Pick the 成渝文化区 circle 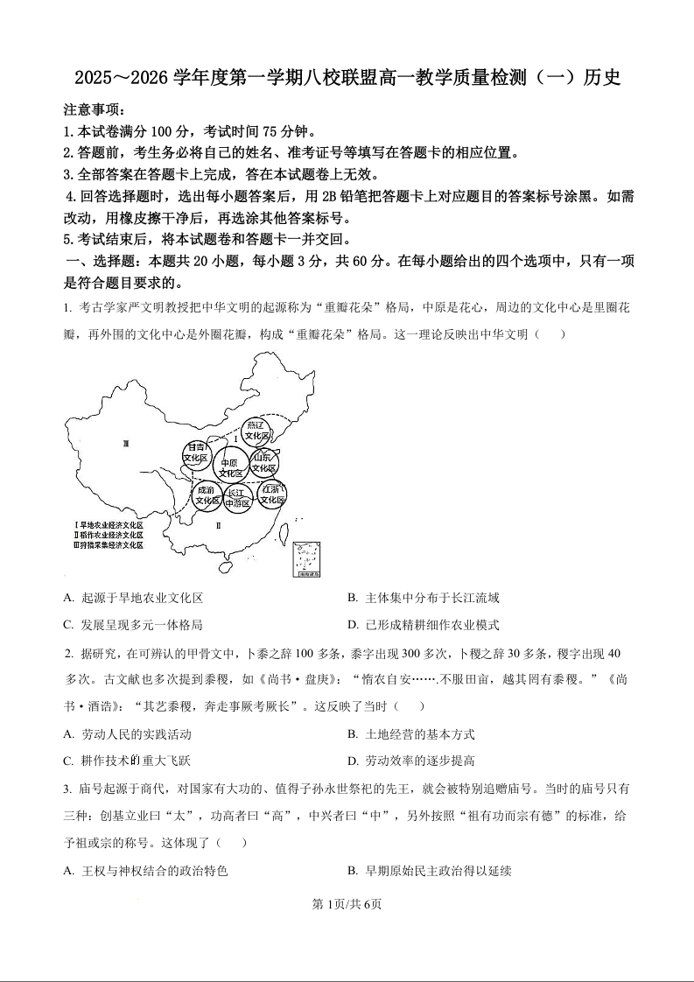click(x=207, y=495)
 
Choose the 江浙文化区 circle click(x=272, y=495)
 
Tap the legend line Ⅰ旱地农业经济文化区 click(x=109, y=524)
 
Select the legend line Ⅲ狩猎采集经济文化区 click(x=109, y=544)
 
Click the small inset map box click(x=306, y=558)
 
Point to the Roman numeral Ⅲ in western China click(x=126, y=445)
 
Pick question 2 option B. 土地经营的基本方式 click(x=410, y=734)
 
